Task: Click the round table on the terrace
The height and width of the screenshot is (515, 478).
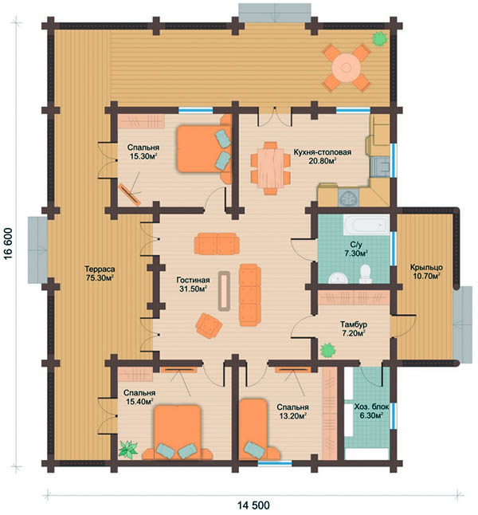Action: coord(346,68)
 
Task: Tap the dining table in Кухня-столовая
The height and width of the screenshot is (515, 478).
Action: coord(271,168)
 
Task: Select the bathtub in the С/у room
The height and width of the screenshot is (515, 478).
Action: coord(366,225)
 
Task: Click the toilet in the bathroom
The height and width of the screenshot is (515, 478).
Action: coord(365,274)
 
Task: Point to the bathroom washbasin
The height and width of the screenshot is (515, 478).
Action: coord(338,278)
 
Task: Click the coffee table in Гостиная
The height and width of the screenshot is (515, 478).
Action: coord(224,290)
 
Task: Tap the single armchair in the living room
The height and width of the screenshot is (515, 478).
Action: coord(209,325)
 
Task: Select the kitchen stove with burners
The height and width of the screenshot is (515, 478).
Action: coord(348,198)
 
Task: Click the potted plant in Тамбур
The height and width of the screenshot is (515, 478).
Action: coord(328,350)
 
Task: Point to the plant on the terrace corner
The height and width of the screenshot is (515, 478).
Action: coord(379,39)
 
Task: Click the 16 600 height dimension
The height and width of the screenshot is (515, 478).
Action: coord(8,243)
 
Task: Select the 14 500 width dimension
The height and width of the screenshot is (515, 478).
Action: coord(253,505)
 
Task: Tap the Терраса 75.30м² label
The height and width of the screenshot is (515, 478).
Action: coord(100,273)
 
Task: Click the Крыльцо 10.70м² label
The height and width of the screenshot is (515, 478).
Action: coord(426,272)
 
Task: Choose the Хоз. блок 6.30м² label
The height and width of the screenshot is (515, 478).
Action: coord(371,411)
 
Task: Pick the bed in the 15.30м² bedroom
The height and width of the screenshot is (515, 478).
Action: coord(204,148)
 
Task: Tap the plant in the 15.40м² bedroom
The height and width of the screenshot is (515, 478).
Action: coord(127,450)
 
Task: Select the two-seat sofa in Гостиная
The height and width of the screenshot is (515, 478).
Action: coord(217,244)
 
